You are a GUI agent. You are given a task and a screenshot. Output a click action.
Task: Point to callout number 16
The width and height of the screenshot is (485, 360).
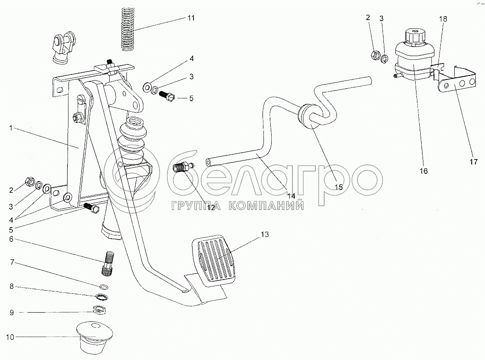tap(423, 171)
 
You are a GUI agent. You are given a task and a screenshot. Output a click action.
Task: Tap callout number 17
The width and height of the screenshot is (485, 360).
tap(474, 161)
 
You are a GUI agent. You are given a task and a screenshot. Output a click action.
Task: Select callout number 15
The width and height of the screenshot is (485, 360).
tap(338, 187)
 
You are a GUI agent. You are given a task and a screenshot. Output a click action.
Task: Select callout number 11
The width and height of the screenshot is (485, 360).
tap(191, 18)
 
